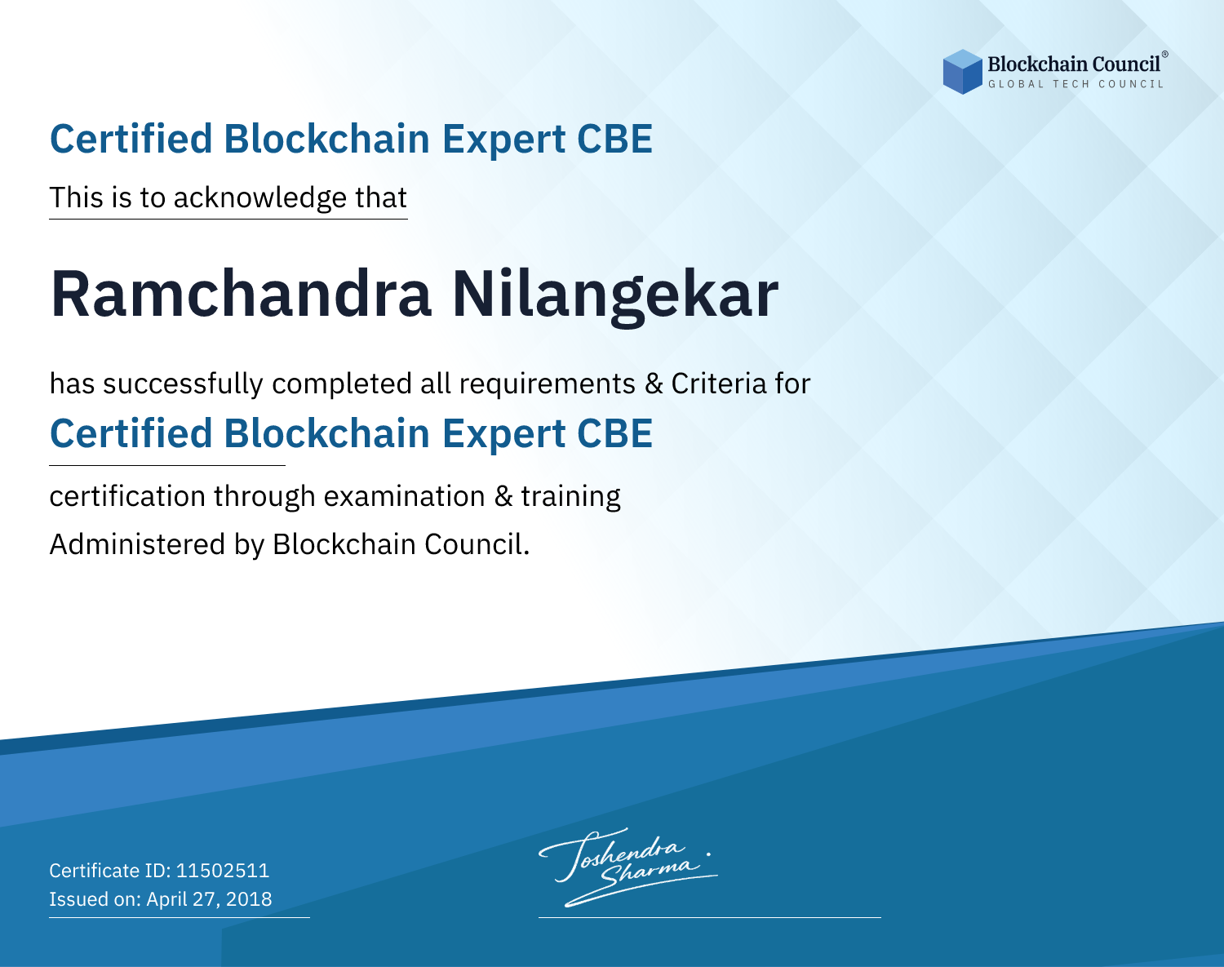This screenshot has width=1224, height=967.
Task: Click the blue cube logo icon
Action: click(x=962, y=72)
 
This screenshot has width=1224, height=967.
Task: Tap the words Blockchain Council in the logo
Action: click(x=1074, y=64)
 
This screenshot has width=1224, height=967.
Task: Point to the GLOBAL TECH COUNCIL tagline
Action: click(x=1075, y=84)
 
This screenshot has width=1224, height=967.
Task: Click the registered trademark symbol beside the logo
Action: click(x=1165, y=55)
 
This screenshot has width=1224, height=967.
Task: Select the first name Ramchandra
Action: click(x=242, y=294)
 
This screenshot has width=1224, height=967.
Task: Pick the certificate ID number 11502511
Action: click(x=223, y=870)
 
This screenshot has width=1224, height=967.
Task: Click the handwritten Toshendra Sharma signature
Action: click(x=628, y=867)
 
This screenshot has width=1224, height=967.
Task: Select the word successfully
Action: click(x=183, y=384)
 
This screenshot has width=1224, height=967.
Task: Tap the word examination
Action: click(x=405, y=496)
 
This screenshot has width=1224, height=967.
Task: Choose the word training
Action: click(x=571, y=497)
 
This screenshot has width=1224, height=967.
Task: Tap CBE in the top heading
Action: click(x=614, y=140)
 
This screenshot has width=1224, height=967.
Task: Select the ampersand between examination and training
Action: click(x=503, y=496)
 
